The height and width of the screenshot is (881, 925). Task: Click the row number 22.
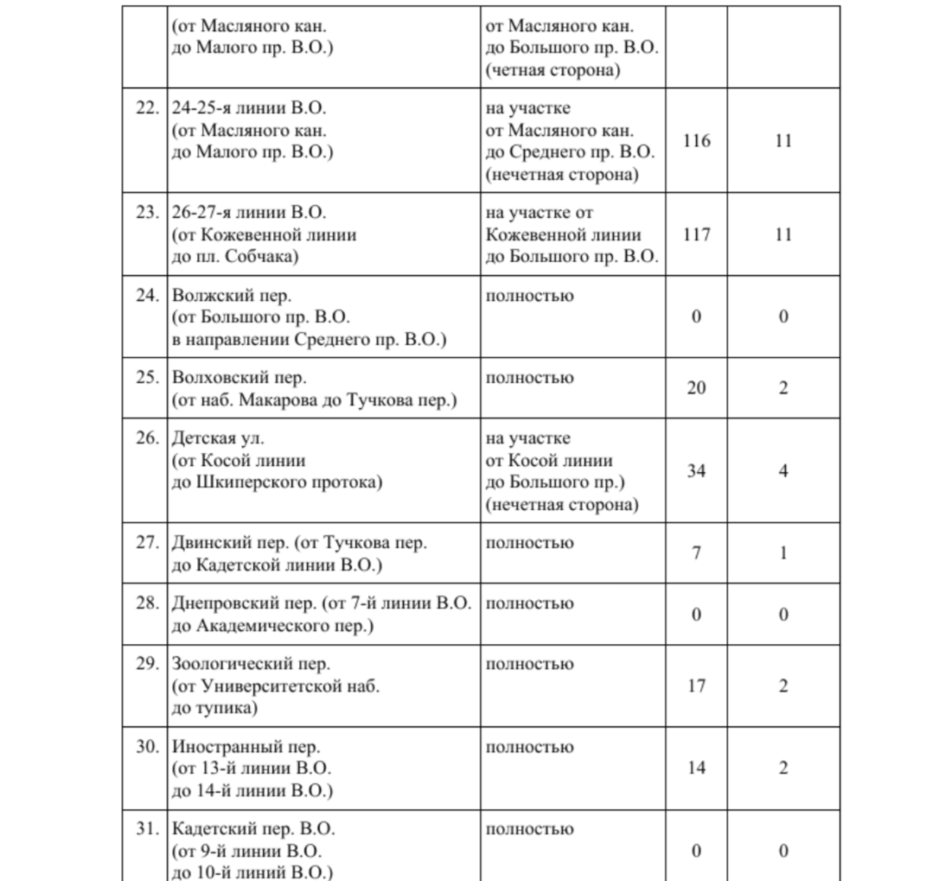pos(147,109)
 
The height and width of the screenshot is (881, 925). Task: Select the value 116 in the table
pos(697,140)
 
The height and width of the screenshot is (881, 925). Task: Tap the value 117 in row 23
pos(697,234)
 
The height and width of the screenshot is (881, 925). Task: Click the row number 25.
pos(147,378)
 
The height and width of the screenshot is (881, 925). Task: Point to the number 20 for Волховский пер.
pos(697,388)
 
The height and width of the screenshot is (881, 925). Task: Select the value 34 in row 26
pos(697,471)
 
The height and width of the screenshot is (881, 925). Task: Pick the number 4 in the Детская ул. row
pos(783,471)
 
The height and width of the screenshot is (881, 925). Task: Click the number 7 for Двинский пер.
pos(697,553)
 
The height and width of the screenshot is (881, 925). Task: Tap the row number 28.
pos(147,603)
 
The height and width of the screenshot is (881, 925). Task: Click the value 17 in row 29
pos(697,686)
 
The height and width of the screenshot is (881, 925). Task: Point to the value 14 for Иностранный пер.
pos(697,768)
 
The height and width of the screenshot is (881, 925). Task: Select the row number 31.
pos(147,829)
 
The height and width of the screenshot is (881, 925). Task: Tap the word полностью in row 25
pos(529,378)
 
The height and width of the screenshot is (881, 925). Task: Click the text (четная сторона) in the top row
pos(553,70)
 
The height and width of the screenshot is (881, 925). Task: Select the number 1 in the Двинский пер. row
pos(783,553)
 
